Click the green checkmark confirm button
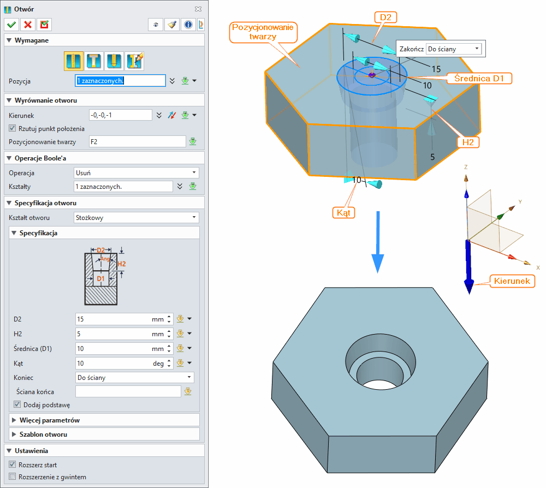coord(11,25)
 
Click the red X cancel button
coord(27,25)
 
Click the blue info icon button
coord(188,25)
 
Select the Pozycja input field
coord(120,81)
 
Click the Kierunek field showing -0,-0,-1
coord(120,115)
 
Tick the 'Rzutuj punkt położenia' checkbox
coord(13,128)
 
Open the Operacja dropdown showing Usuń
coord(136,172)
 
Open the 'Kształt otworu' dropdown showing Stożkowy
coord(136,218)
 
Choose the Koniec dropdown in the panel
coord(134,377)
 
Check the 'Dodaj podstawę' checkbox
coord(17,405)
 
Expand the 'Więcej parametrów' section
coord(50,420)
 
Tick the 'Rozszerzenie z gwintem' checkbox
coord(13,477)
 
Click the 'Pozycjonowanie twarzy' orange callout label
coord(263,32)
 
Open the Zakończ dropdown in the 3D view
coord(453,49)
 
